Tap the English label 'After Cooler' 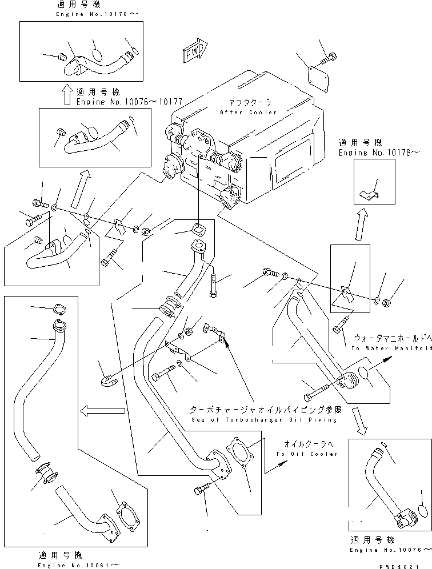pos(249,113)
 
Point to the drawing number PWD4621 pos(402,563)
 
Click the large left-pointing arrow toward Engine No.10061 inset pos(102,410)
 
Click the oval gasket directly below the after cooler pos(198,231)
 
